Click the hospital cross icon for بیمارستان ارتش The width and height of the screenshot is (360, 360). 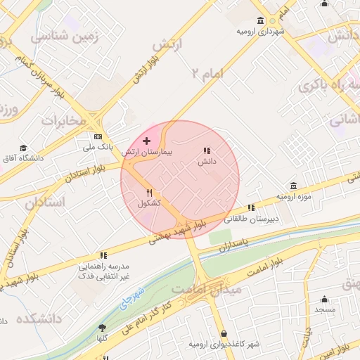[x=146, y=142]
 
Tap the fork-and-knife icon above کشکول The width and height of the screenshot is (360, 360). [x=149, y=193]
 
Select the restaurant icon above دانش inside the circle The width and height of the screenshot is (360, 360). [x=207, y=150]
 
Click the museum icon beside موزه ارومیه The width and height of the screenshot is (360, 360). [x=292, y=186]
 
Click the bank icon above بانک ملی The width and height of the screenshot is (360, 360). [x=98, y=137]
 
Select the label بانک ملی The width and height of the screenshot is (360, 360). [x=98, y=148]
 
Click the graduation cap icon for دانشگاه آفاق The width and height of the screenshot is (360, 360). [x=23, y=148]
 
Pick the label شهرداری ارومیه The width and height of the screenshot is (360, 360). [x=260, y=32]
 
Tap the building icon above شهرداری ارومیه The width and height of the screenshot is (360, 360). [x=260, y=21]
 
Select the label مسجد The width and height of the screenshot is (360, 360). [x=325, y=309]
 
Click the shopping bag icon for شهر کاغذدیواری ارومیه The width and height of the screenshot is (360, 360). [x=224, y=333]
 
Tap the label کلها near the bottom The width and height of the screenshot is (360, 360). [x=103, y=339]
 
